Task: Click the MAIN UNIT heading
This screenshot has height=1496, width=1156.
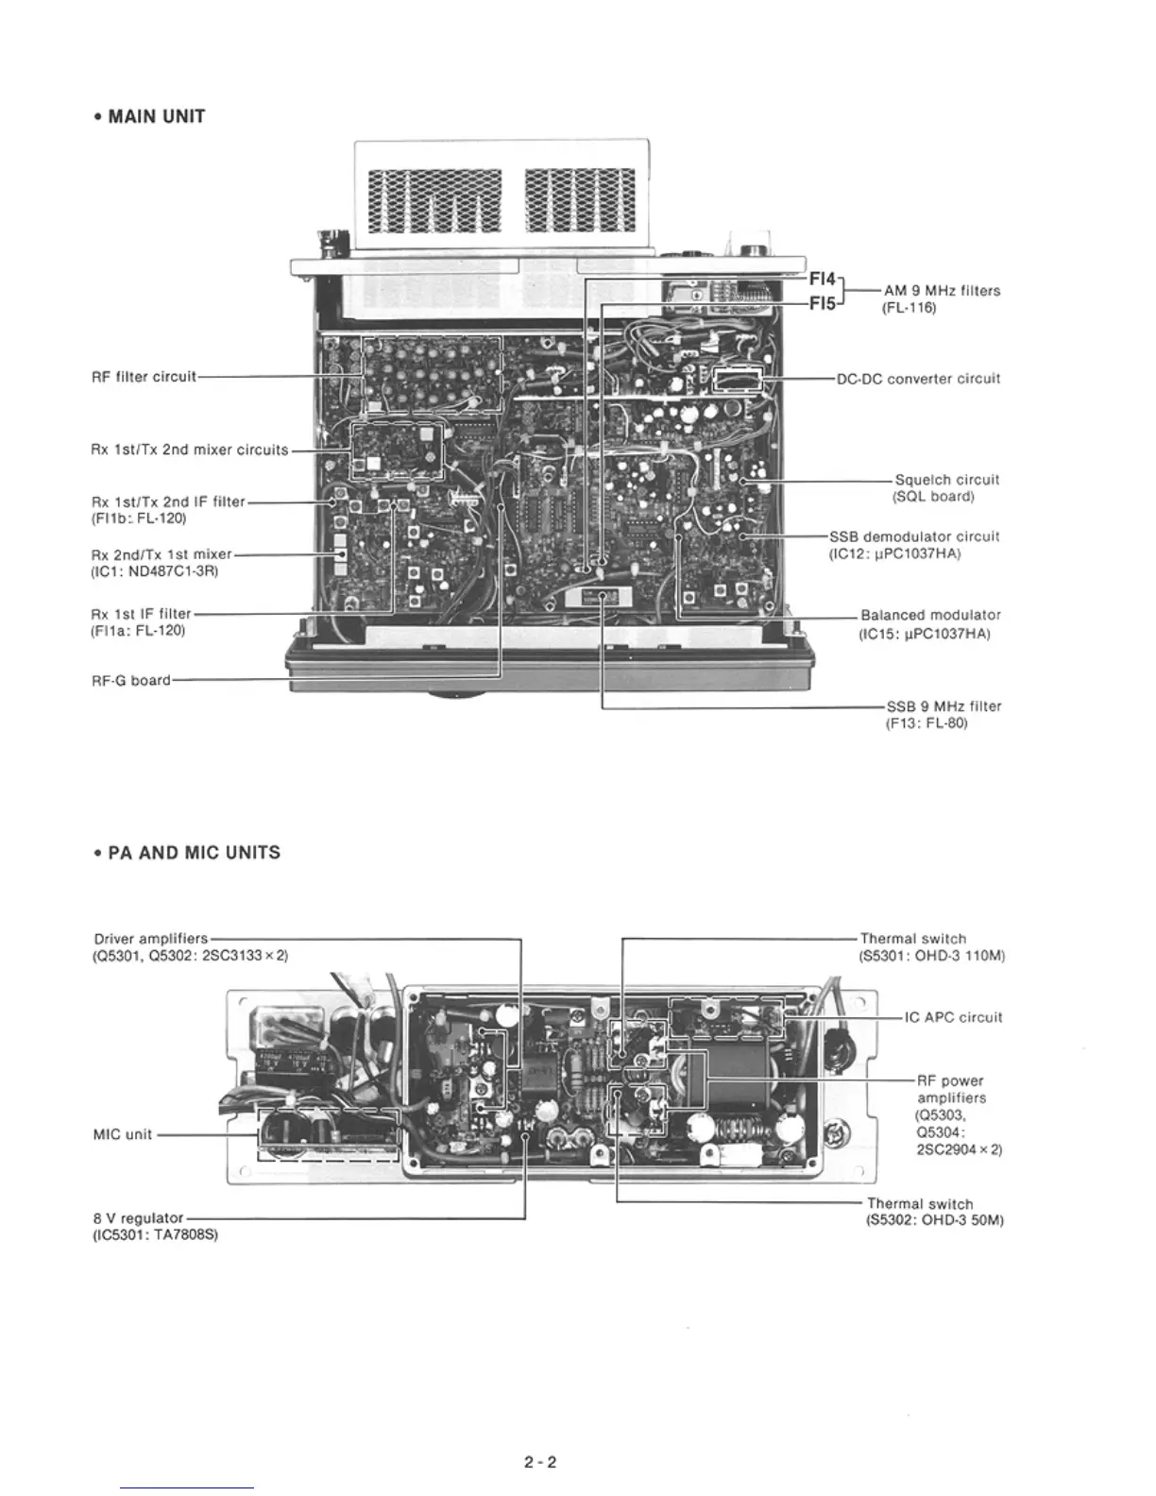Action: click(x=150, y=117)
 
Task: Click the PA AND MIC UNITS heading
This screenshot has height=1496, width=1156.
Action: click(x=186, y=853)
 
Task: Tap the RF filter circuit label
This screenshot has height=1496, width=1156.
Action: click(x=144, y=377)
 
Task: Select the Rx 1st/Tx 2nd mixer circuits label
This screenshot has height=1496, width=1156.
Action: click(x=189, y=450)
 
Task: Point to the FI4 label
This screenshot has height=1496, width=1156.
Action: click(x=823, y=280)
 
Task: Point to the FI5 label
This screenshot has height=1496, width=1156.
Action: click(x=823, y=304)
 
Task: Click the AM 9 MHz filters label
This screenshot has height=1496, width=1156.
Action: click(x=942, y=291)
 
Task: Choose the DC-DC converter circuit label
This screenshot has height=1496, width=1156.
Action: click(x=918, y=379)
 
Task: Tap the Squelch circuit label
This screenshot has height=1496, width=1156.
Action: click(x=946, y=480)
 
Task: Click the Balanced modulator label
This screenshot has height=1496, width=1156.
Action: click(x=930, y=615)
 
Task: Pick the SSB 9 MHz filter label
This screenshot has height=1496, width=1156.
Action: click(x=943, y=705)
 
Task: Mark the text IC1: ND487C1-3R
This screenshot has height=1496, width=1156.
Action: click(x=156, y=571)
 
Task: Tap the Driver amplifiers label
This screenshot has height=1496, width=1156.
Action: click(x=150, y=939)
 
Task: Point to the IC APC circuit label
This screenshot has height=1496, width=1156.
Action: click(x=953, y=1017)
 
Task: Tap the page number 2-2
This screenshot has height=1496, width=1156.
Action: click(x=540, y=1463)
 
